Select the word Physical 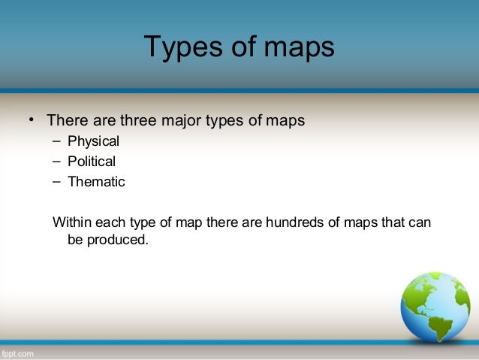coord(93,141)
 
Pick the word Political coord(92,161)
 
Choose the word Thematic coord(96,181)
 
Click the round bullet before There coord(32,120)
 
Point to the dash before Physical coord(57,141)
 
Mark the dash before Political coord(57,161)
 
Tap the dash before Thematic coord(57,181)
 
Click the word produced coord(118,242)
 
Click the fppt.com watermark coord(17,351)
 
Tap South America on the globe coord(439,327)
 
